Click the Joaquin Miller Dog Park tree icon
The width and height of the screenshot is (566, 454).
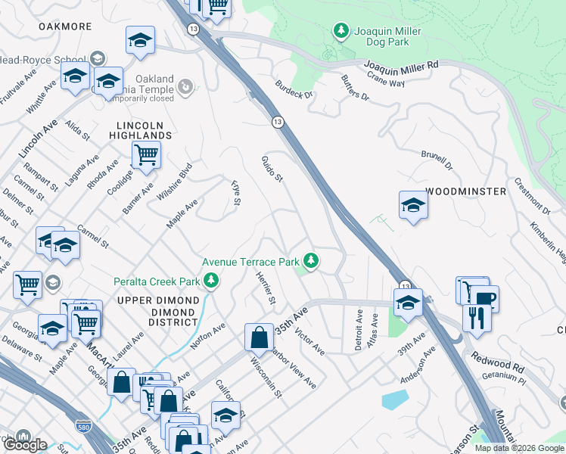coord(341,30)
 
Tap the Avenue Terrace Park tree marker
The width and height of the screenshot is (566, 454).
coord(310,261)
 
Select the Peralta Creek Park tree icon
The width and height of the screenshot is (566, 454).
coord(211,281)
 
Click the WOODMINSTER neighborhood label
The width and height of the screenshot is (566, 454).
coord(465,191)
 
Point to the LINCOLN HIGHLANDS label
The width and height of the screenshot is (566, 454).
coord(144,130)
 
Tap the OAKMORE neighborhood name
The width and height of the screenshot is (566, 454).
coord(65,26)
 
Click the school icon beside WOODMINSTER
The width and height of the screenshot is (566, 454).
coord(413,205)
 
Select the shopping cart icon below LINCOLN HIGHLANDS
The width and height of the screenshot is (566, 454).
coord(146,155)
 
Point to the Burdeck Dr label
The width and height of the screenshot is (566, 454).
coord(294,89)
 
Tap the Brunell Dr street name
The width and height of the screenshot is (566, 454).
coord(436,160)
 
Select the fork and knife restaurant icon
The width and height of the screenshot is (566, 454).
coord(477,316)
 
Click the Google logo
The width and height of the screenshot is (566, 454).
coord(25,445)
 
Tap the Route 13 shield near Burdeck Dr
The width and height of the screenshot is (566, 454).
coord(278,122)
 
